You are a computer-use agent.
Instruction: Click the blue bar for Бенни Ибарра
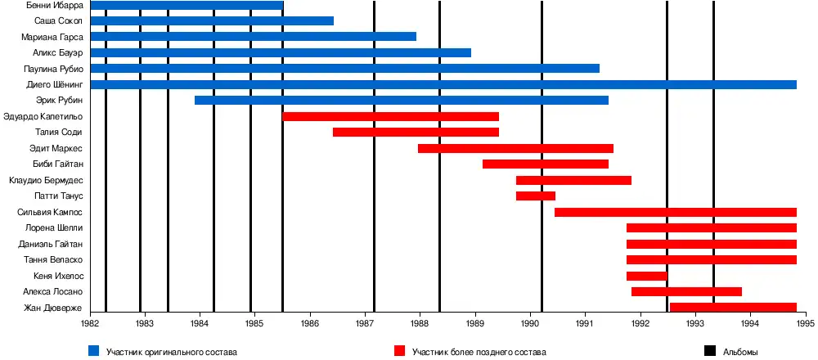point(187,6)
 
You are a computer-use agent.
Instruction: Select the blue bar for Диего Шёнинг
point(443,84)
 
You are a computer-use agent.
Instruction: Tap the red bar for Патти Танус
point(535,196)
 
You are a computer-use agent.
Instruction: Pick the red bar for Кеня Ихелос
point(646,276)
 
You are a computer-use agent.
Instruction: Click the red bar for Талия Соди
point(416,132)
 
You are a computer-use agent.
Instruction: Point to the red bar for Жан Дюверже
point(733,308)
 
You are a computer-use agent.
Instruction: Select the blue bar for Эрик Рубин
point(401,100)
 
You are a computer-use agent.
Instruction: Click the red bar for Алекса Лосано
point(686,291)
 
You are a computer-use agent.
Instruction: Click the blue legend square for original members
point(94,351)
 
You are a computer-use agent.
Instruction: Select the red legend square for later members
point(400,351)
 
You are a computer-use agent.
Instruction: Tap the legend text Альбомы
point(740,352)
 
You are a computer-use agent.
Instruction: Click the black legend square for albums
point(710,351)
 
